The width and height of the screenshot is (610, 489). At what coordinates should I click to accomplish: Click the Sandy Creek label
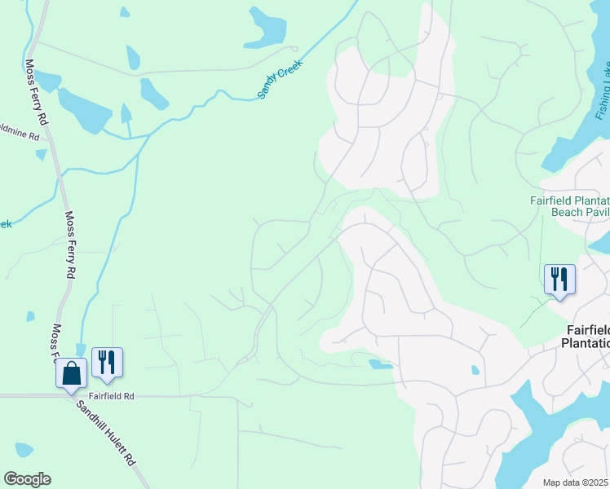tap(280, 79)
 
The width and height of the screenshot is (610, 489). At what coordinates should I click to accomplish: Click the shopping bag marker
tap(72, 372)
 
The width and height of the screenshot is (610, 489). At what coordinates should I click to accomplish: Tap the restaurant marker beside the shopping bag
tap(107, 363)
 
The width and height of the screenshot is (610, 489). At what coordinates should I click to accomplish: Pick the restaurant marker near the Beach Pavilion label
tap(559, 280)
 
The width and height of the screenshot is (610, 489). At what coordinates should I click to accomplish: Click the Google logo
tap(27, 479)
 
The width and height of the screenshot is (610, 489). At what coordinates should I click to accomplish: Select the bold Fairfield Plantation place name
tap(588, 336)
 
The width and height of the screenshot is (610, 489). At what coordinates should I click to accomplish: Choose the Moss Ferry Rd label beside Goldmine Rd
tap(37, 90)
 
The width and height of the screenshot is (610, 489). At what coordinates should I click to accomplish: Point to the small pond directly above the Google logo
tap(24, 449)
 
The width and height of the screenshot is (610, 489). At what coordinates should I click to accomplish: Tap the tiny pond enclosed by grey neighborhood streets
tap(475, 370)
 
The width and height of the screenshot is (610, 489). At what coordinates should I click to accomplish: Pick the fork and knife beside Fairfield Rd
tap(107, 363)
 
